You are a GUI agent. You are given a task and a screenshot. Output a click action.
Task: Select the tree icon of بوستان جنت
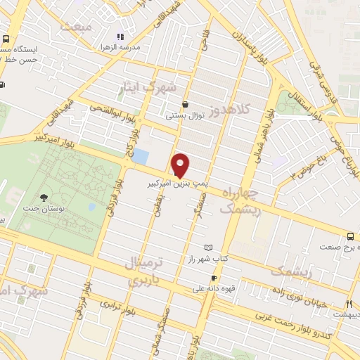[46, 198]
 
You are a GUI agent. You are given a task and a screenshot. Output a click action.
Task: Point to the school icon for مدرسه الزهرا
[120, 36]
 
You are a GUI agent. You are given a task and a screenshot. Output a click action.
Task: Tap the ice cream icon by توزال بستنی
[185, 104]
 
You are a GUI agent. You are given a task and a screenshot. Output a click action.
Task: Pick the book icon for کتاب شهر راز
[207, 247]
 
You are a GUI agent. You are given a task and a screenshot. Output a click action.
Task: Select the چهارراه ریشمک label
[240, 200]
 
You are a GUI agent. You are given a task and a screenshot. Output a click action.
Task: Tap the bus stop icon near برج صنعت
[350, 236]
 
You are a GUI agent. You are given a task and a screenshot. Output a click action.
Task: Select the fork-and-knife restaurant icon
[347, 304]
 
